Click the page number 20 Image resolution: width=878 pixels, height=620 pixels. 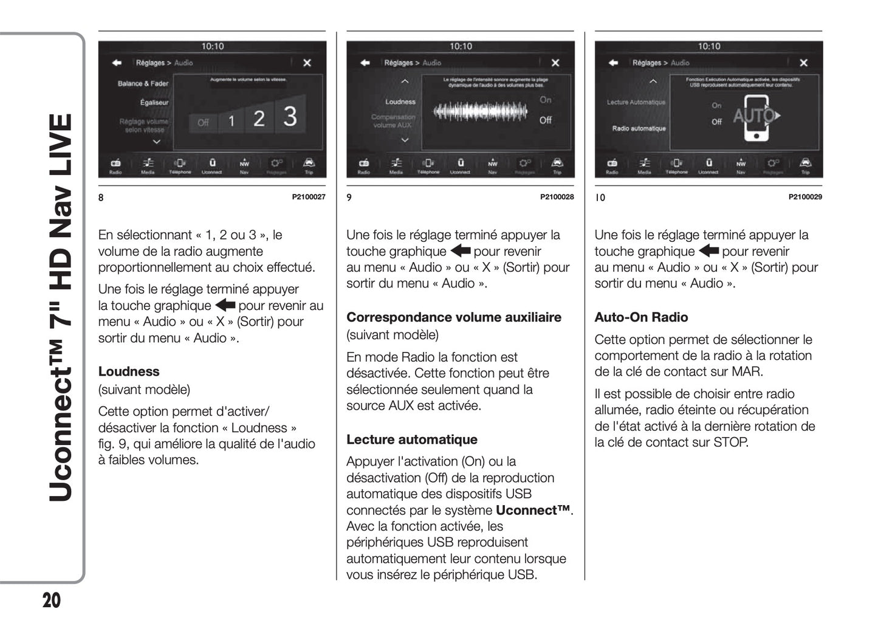tap(52, 600)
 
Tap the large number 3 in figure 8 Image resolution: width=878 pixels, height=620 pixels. tap(290, 116)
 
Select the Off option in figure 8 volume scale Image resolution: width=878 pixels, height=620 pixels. tap(203, 123)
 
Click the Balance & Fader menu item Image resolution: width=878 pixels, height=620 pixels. tap(143, 83)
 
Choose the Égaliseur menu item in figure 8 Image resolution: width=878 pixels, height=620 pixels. tap(154, 102)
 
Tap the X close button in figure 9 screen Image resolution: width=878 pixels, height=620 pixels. tap(555, 63)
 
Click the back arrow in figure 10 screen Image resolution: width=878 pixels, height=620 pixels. tap(613, 63)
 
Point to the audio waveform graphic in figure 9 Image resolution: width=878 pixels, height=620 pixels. tap(480, 112)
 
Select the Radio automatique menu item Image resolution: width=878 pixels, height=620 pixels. tap(639, 128)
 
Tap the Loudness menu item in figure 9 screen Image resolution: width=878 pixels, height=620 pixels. tap(400, 102)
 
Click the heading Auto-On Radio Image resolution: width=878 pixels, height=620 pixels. tap(641, 317)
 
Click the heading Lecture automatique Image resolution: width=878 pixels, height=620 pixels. tap(411, 439)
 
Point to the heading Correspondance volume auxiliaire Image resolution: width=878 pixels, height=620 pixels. tap(453, 317)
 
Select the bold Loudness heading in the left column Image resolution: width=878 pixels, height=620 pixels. tap(129, 371)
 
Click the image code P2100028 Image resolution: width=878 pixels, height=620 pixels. tap(557, 197)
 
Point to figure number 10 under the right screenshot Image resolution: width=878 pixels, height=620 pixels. tap(600, 198)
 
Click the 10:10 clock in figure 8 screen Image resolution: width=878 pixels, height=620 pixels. tap(212, 46)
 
